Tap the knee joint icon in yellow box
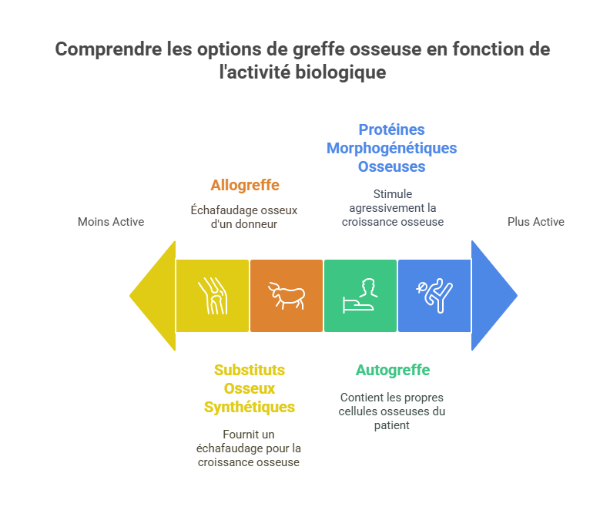(x=213, y=296)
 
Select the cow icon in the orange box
(x=287, y=296)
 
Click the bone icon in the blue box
(x=434, y=296)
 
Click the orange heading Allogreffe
(x=245, y=186)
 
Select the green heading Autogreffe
(x=392, y=371)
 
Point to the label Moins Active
(x=111, y=222)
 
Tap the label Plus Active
(x=535, y=222)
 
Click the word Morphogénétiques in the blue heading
(x=391, y=148)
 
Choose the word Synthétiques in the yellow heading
(x=250, y=407)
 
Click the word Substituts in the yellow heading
(x=250, y=371)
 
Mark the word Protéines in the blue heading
(x=391, y=129)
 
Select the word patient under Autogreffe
(x=392, y=425)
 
